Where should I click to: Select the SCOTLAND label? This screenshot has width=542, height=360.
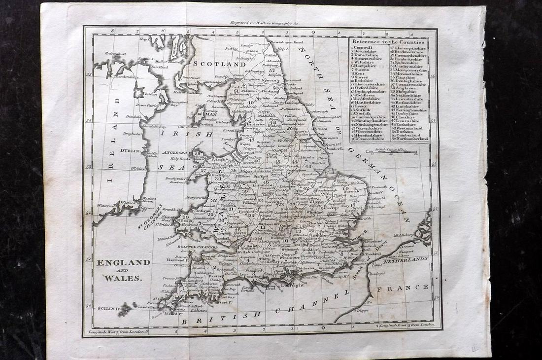(x=219, y=64)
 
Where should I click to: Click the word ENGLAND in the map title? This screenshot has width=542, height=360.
(x=123, y=262)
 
